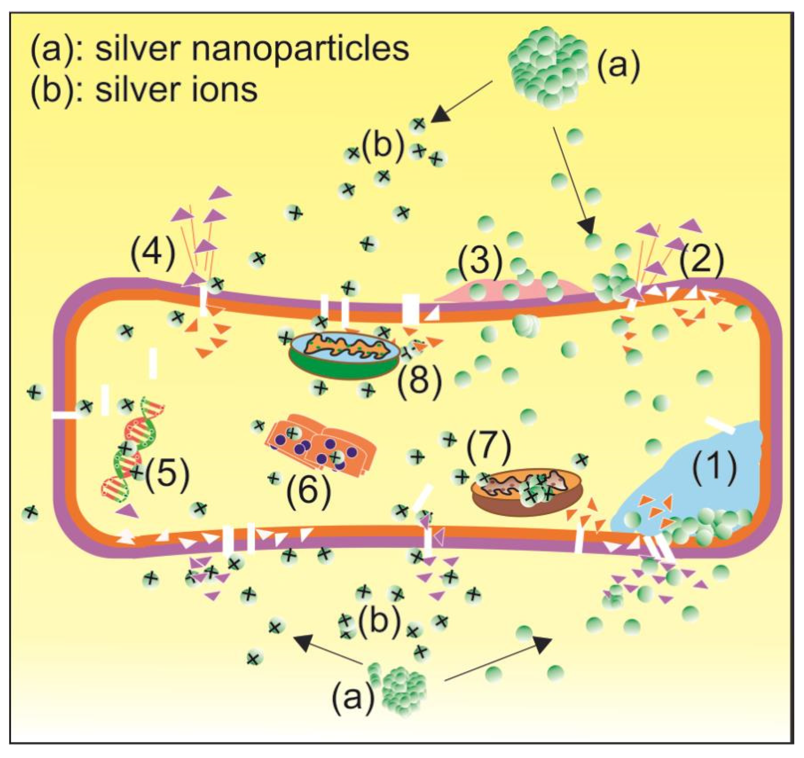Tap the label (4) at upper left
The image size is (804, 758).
point(153,253)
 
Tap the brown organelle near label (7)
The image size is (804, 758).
point(526,491)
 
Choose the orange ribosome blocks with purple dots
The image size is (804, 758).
point(321,447)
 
